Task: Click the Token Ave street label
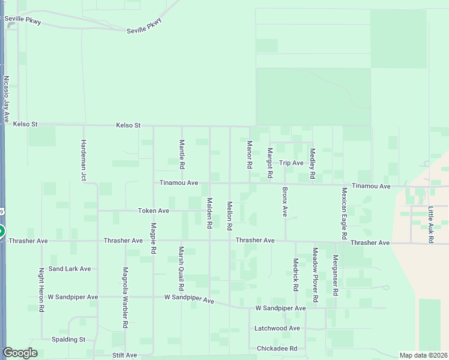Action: [x=154, y=211]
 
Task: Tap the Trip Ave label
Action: [x=292, y=163]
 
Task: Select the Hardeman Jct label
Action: [x=83, y=160]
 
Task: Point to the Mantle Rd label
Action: [x=181, y=154]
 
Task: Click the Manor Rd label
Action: [x=250, y=154]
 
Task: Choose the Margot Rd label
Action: [x=270, y=163]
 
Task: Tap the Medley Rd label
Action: [x=312, y=164]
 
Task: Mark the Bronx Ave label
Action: [x=285, y=202]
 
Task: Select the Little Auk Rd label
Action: [x=430, y=225]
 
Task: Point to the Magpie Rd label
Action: [x=154, y=237]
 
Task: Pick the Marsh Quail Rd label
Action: [x=180, y=268]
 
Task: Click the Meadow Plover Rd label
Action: [x=315, y=274]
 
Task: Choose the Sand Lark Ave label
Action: [x=70, y=269]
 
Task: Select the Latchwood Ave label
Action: [x=277, y=329]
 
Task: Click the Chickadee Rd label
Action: [x=277, y=349]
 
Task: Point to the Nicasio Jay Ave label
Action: [x=7, y=101]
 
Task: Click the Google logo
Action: [x=20, y=353]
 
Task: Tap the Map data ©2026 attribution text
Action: [x=423, y=355]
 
